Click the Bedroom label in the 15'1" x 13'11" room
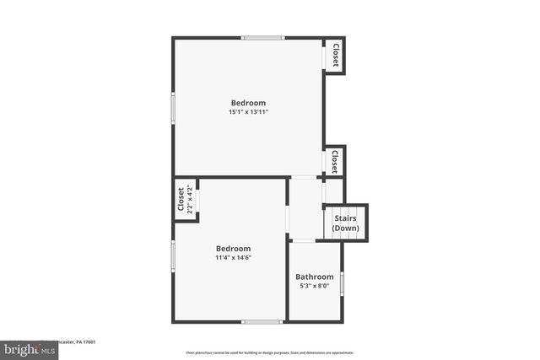(x=248, y=103)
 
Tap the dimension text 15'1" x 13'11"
(x=248, y=112)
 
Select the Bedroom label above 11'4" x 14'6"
(x=233, y=248)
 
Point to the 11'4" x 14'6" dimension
(x=233, y=257)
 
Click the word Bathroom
(x=314, y=277)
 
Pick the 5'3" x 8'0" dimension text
(x=314, y=286)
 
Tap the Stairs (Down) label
(x=345, y=223)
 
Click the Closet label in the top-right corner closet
(x=335, y=56)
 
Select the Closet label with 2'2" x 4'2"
(x=181, y=200)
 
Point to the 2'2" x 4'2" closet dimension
(x=190, y=200)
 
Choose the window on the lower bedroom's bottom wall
(x=262, y=321)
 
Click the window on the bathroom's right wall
(x=342, y=281)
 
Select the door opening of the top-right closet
(x=325, y=56)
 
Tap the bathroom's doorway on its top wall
(x=304, y=241)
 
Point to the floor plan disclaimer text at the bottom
(x=270, y=352)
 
